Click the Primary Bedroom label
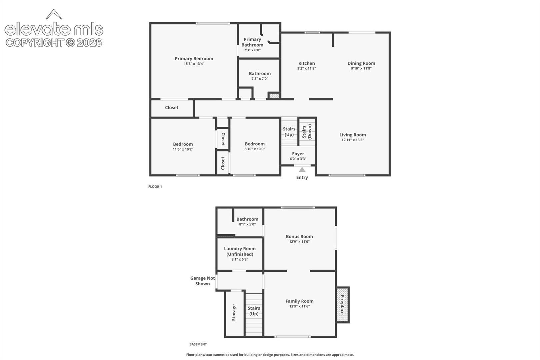[x=194, y=59]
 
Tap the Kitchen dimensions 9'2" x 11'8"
[x=306, y=68]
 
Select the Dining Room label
[x=361, y=63]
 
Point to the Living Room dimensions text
[x=352, y=140]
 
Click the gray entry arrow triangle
[x=302, y=170]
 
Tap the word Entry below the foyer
[x=302, y=177]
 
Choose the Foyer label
[x=298, y=154]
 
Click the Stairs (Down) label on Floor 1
[x=307, y=132]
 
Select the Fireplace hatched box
[x=342, y=305]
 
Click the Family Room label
[x=299, y=301]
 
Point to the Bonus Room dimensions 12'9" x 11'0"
[x=299, y=242]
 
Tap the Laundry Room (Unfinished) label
[x=240, y=251]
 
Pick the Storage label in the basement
[x=234, y=312]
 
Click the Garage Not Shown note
[x=203, y=281]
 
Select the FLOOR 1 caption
[x=155, y=187]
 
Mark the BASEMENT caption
[x=198, y=344]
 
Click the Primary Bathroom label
[x=252, y=42]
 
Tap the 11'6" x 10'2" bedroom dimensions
[x=183, y=149]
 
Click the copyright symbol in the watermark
[x=70, y=43]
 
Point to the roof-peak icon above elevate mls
[x=54, y=14]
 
